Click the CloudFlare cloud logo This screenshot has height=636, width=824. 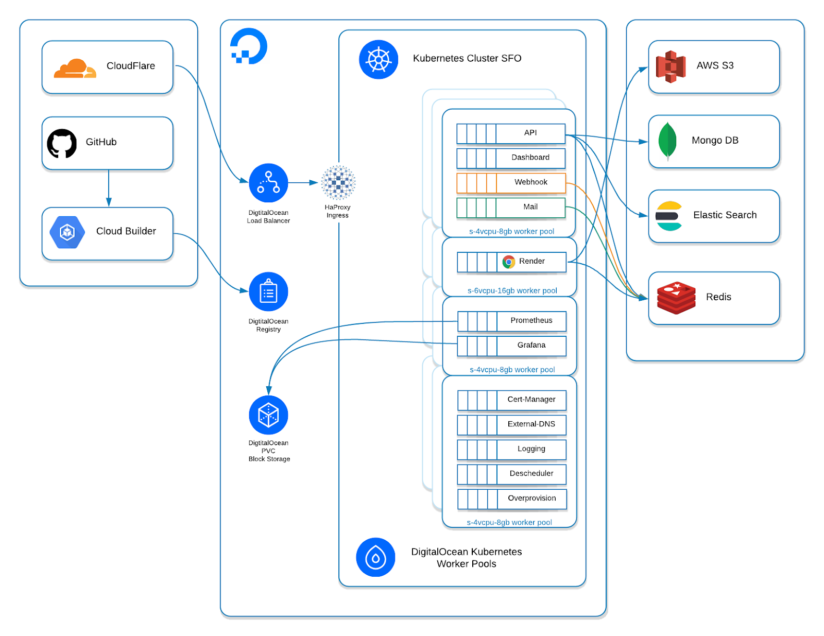(x=75, y=68)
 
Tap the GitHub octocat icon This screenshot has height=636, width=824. (x=62, y=143)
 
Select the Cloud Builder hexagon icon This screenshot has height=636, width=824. (x=67, y=232)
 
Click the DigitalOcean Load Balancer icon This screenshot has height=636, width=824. (x=268, y=183)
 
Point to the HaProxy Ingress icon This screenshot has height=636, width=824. (x=338, y=182)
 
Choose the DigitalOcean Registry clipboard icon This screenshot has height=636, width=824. (x=268, y=292)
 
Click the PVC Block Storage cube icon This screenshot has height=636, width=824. (x=268, y=415)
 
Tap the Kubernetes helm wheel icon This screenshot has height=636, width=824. (x=379, y=60)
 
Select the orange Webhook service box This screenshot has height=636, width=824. (x=511, y=183)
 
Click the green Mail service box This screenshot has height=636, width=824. (x=511, y=208)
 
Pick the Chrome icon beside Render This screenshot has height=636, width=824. (x=509, y=262)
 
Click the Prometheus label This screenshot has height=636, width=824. (x=531, y=320)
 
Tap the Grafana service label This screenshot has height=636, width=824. (x=531, y=345)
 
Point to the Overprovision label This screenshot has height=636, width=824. (x=531, y=498)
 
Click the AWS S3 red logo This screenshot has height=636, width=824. (x=671, y=66)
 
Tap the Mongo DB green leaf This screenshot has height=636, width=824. (x=667, y=141)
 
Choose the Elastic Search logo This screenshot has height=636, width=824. (x=668, y=216)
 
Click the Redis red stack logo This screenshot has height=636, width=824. (x=676, y=298)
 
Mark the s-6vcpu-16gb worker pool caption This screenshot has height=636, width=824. (x=512, y=290)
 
